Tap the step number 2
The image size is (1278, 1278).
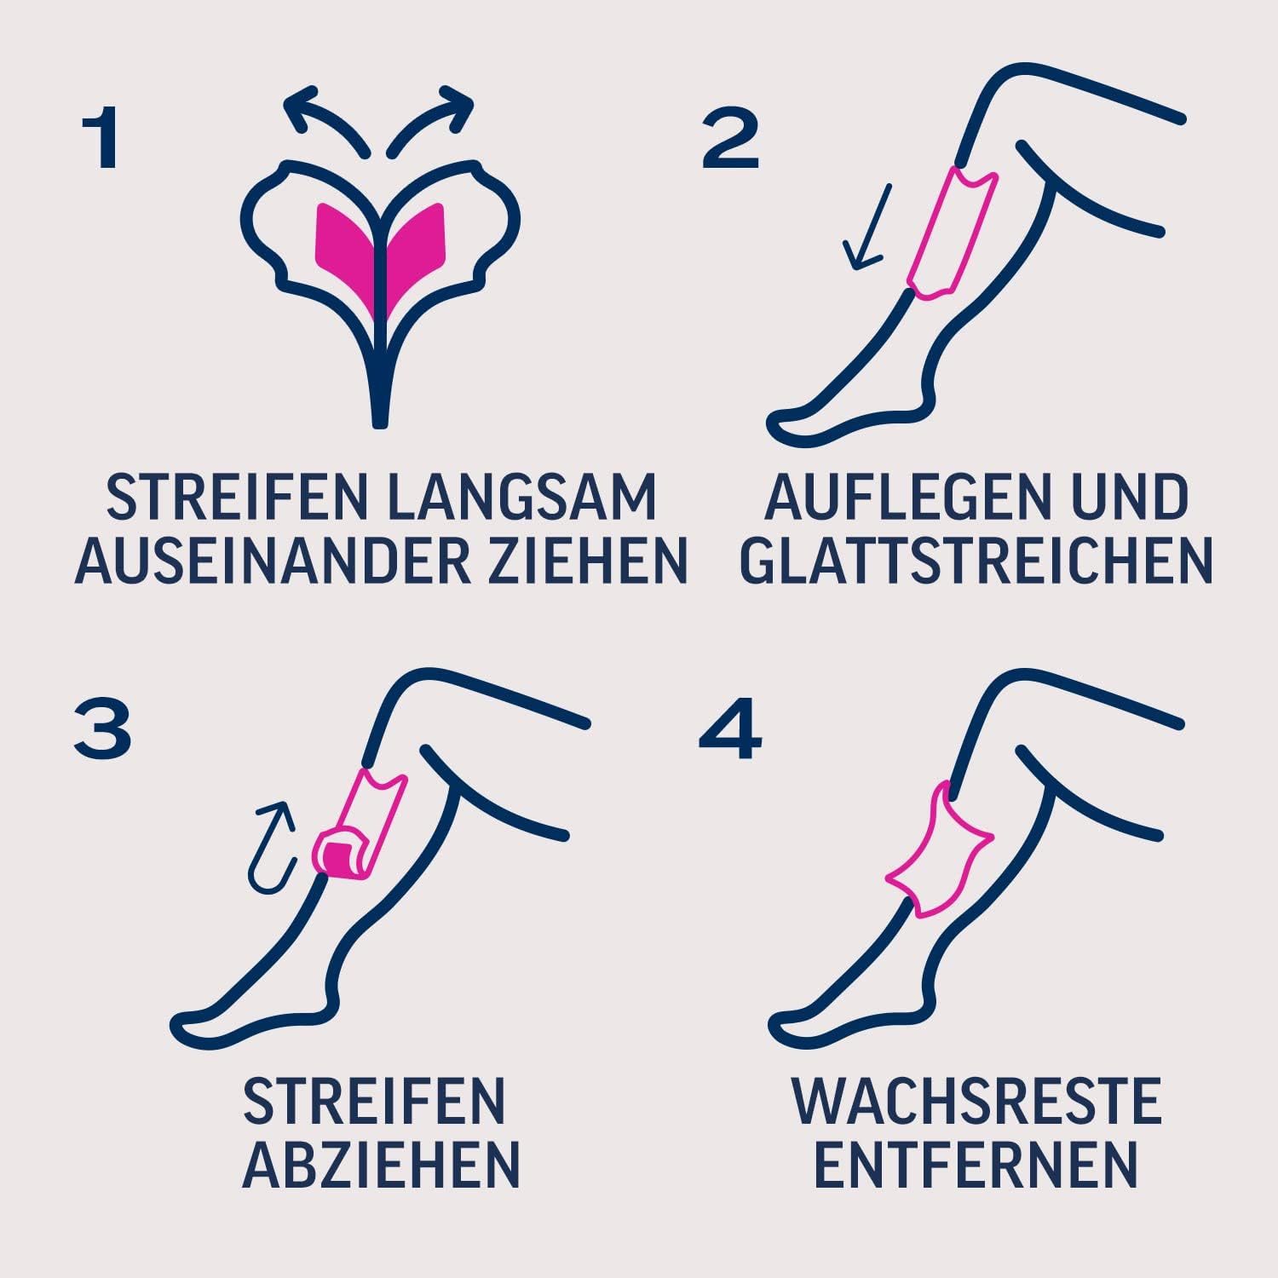pos(730,141)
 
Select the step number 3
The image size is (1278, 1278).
pos(102,730)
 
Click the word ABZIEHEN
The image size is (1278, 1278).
pos(381,1163)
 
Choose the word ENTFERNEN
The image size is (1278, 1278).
pos(976,1163)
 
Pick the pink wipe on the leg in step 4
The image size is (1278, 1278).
pos(941,852)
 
